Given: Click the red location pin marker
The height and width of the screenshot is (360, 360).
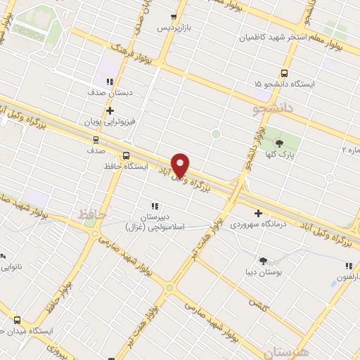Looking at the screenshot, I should pyautogui.click(x=181, y=165).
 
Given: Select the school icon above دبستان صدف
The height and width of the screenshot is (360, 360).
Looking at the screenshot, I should pyautogui.click(x=110, y=82).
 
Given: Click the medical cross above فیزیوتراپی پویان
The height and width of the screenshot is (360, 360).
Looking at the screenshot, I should pyautogui.click(x=110, y=110).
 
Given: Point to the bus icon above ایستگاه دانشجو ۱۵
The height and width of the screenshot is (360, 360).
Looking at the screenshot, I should pyautogui.click(x=284, y=73).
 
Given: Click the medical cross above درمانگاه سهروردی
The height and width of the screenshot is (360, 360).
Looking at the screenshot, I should pyautogui.click(x=258, y=213).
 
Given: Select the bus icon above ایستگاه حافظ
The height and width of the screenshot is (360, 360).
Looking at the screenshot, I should pyautogui.click(x=126, y=155).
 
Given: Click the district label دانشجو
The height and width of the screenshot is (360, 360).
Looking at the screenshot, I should pyautogui.click(x=274, y=109).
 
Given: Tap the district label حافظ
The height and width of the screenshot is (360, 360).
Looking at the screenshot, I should pyautogui.click(x=92, y=212).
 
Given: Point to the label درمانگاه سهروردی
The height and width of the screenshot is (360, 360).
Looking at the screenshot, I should pyautogui.click(x=258, y=225).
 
